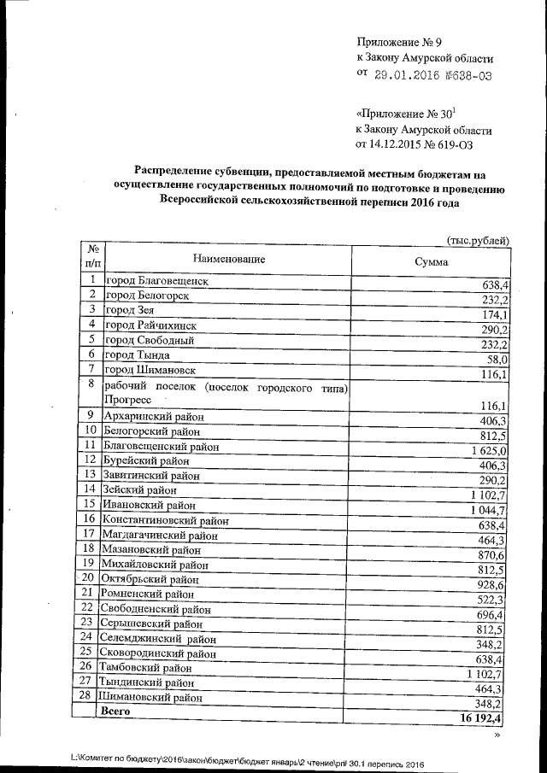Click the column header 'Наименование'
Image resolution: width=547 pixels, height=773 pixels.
point(229,258)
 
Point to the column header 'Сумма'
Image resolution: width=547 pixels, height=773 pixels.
point(431,262)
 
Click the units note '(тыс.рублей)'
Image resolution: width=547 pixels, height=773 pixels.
point(479,241)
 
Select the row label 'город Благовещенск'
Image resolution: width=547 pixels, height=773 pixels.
point(156,281)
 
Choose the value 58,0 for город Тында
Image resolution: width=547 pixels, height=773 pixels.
point(499,360)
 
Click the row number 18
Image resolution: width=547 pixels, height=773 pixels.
point(87,548)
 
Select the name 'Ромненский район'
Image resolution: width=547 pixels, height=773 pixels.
point(149,594)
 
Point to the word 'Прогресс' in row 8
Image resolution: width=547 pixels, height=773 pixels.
point(128,400)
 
